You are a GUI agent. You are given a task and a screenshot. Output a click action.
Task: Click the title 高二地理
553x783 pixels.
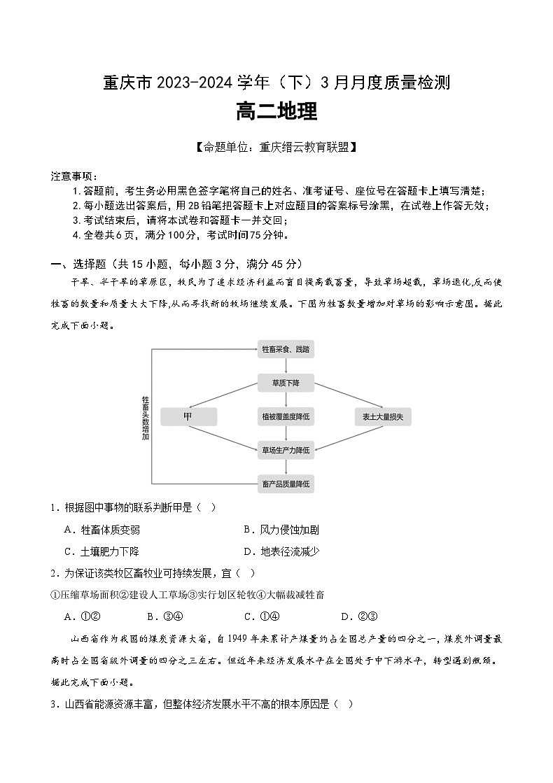pos(276,112)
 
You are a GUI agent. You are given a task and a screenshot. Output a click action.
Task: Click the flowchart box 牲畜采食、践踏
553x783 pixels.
pos(286,348)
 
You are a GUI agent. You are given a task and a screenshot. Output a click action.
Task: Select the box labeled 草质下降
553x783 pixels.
pos(286,383)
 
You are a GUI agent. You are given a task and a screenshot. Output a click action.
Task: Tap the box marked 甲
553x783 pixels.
pos(188,417)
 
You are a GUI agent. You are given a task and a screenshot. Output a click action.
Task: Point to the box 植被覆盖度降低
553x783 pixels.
pos(286,417)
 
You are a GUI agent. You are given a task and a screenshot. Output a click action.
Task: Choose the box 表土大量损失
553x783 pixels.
pos(383,417)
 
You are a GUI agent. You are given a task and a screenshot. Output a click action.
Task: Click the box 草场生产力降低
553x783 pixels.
pos(286,450)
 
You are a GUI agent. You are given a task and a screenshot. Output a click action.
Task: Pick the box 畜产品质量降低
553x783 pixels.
pos(286,484)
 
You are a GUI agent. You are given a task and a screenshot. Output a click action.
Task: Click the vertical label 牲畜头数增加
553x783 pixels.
pos(146,417)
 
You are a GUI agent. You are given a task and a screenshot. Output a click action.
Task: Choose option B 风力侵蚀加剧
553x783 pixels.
pos(281,530)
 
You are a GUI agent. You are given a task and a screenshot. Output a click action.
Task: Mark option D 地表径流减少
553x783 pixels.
pos(281,551)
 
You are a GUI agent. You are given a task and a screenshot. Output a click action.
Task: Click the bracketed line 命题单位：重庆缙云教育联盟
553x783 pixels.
pos(276,148)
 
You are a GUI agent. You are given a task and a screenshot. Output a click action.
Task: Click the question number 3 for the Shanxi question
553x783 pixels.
pos(53,704)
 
